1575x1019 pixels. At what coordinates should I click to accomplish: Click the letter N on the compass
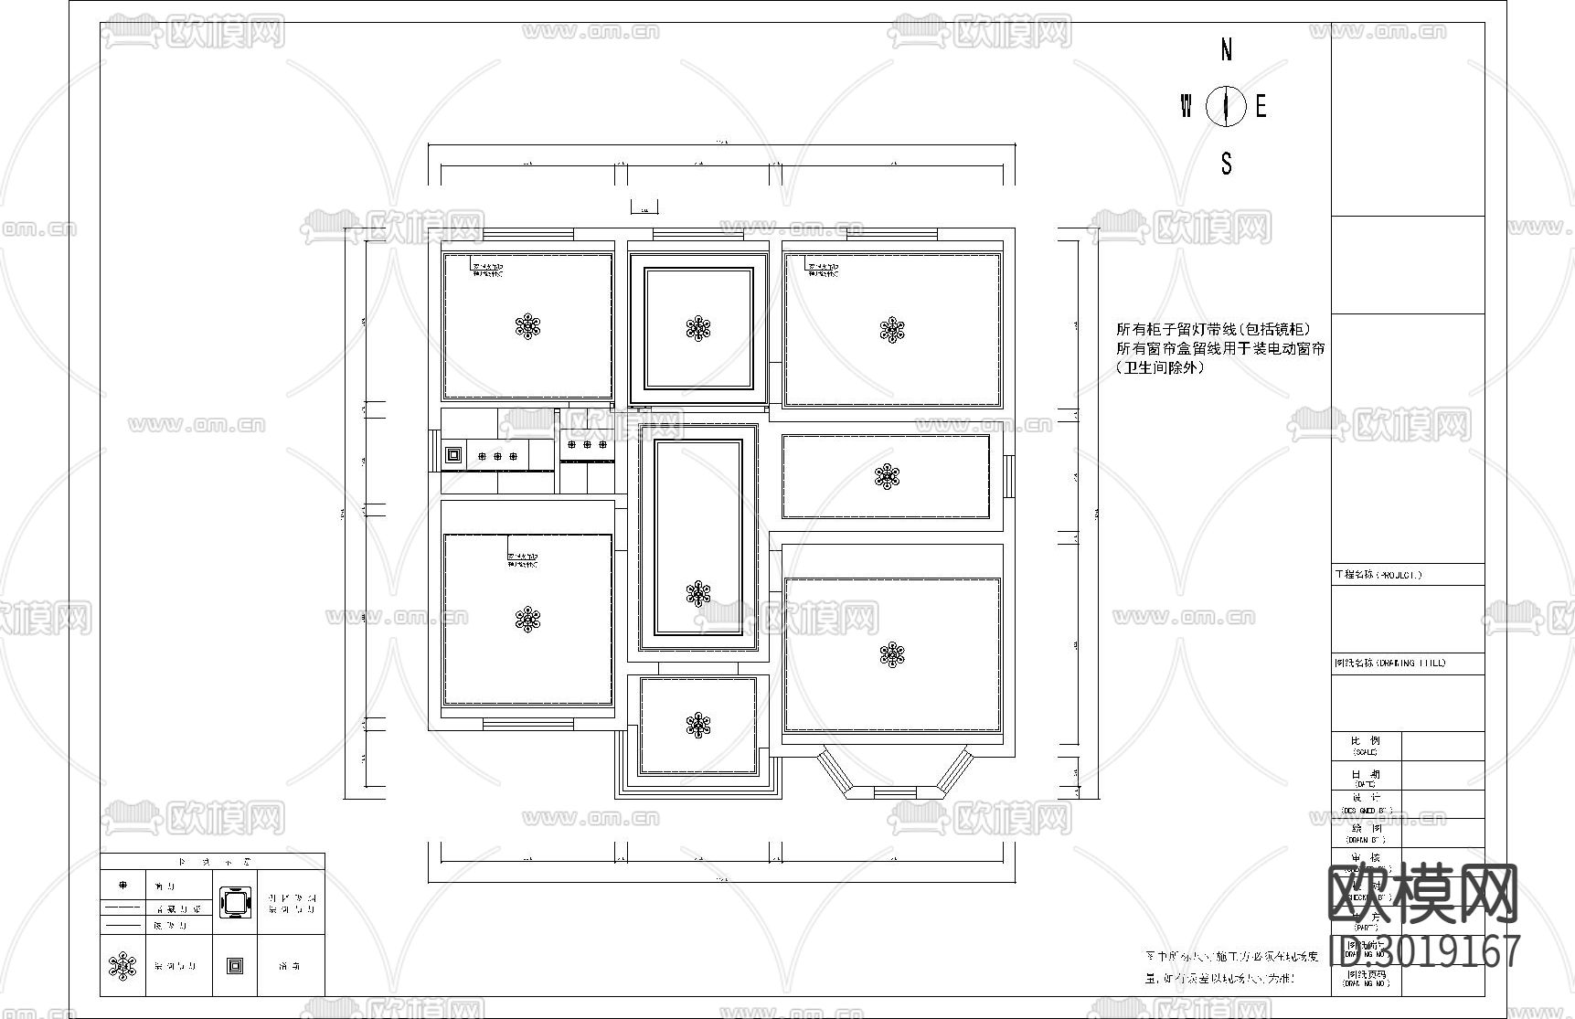1226,50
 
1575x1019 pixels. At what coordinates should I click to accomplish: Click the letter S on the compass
1226,164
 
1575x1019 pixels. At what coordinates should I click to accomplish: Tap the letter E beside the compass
1261,107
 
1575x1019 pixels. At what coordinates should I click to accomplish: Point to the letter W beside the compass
1186,107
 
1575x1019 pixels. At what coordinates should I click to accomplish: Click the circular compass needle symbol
1225,107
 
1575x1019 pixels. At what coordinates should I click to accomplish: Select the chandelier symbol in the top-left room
527,327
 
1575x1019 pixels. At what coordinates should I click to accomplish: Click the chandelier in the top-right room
891,330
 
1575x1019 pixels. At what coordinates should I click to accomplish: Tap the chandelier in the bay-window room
891,654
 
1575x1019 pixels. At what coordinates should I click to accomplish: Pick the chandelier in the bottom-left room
527,621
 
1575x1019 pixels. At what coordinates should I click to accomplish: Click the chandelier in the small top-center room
698,328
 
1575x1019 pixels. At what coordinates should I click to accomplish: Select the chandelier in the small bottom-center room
698,726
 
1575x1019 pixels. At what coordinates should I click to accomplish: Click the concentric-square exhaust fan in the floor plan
452,454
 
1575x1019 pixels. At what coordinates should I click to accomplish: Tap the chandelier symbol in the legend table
122,965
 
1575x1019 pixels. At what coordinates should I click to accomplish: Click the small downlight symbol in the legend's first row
123,886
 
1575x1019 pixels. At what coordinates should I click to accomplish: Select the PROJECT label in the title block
1378,575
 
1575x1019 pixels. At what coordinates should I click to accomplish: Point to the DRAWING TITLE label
1389,663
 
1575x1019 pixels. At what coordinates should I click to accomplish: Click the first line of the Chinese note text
1213,329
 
